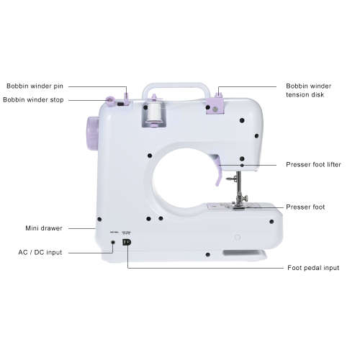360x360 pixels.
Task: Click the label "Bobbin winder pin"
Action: pos(34,85)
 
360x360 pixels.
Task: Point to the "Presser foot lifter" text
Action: pos(314,165)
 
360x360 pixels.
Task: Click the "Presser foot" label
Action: pos(305,207)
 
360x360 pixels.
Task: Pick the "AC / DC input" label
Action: pos(40,253)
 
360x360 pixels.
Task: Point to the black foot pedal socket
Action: pos(127,243)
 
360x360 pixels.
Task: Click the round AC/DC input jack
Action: pos(114,243)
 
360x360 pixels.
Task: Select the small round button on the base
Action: pos(235,235)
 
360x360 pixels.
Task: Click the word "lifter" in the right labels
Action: pos(330,165)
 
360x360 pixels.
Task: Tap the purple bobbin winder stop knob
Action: pos(112,99)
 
